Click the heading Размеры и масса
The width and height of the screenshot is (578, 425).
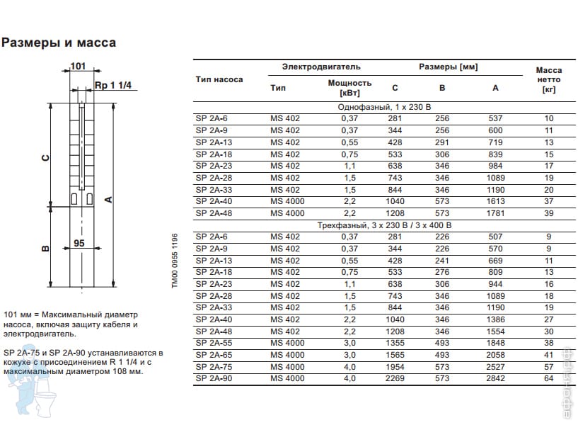tap(59, 42)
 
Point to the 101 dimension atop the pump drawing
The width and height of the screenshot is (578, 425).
tap(78, 67)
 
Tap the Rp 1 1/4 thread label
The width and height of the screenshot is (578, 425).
tap(112, 86)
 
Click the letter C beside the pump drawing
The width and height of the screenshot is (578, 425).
tap(45, 158)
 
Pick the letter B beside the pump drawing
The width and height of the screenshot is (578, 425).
tap(45, 248)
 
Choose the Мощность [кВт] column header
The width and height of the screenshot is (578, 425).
tap(349, 88)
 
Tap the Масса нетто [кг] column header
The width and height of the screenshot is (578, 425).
tap(548, 80)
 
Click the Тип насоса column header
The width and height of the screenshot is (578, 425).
tap(219, 79)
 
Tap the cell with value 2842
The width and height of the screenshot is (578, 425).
tap(495, 378)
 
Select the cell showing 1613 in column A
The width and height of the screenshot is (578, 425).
tap(495, 201)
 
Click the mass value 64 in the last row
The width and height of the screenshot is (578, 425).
tap(549, 378)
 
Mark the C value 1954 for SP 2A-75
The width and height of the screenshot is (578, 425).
tap(395, 367)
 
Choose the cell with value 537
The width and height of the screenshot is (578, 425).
tap(495, 118)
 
